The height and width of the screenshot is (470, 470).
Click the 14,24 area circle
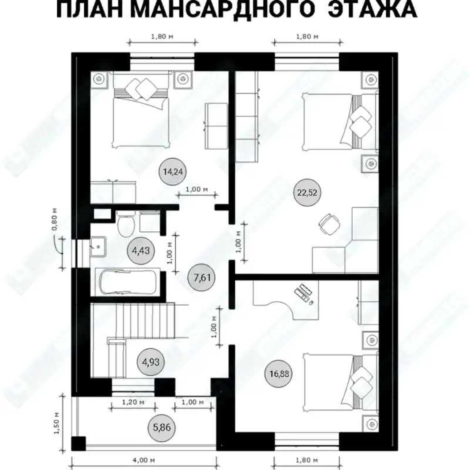173,172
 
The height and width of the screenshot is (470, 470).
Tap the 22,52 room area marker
307,193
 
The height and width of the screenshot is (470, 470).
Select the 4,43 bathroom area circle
141,251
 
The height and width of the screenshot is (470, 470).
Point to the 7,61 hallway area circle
202,277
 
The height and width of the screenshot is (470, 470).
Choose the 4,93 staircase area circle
151,362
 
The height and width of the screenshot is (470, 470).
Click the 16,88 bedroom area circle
279,374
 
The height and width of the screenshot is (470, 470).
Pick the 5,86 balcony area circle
162,428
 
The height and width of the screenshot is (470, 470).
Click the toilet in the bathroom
126,224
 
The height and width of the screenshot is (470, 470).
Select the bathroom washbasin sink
98,247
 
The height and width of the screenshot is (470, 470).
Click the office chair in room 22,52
329,224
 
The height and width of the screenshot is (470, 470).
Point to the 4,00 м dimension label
144,460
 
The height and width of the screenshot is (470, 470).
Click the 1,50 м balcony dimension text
56,423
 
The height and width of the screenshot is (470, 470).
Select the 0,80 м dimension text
55,219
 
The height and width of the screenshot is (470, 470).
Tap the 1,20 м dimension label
133,402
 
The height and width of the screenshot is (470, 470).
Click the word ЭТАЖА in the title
372,9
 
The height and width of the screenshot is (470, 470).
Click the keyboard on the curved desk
302,291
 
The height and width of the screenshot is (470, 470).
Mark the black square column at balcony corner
79,444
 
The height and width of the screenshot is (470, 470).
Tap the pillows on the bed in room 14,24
143,89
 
